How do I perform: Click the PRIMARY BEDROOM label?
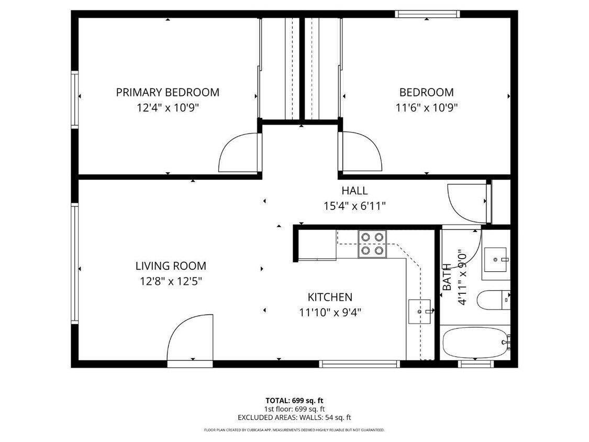coord(168,93)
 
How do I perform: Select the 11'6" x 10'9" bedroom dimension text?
coord(426,108)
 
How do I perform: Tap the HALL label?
coord(354,191)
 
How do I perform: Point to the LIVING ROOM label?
coord(171,266)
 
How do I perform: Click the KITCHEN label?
coord(329,297)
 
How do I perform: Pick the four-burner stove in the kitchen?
coord(372,244)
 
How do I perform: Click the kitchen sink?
coord(419,312)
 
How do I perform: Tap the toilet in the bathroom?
coord(493,300)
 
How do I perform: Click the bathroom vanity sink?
coord(494,260)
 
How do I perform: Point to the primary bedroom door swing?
coord(239,152)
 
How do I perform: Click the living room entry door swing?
coord(191,337)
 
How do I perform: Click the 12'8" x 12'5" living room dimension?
coord(171,281)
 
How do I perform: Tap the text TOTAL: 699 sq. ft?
coord(294,401)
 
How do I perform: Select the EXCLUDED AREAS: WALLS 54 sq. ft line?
coord(294,417)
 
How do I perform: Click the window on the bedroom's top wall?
coord(427,14)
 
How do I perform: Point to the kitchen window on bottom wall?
coord(360,364)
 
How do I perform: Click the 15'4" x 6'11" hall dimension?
coord(354,206)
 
